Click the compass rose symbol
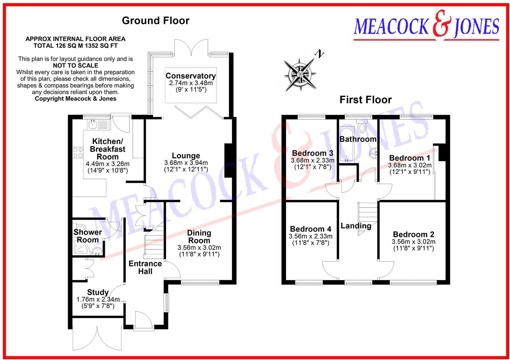300,73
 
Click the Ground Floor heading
156,21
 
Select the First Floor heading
365,100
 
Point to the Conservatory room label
190,76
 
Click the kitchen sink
92,125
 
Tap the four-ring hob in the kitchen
78,153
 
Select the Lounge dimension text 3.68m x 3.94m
186,163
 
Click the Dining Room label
199,237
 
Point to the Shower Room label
88,236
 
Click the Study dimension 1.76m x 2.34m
98,300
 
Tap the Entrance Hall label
145,267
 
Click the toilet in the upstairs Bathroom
361,127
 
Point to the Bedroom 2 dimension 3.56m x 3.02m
413,242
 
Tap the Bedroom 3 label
313,153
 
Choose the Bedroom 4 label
310,229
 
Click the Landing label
356,226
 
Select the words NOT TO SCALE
75,65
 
